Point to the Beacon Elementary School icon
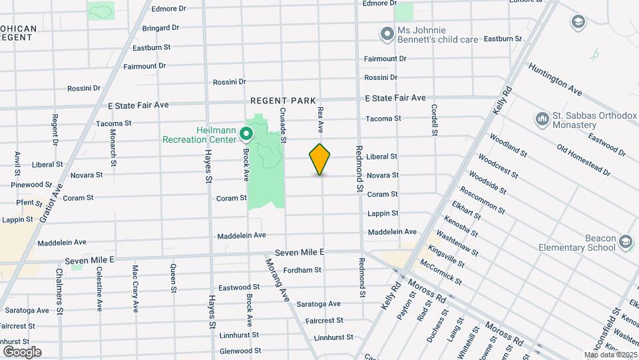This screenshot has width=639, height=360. pos(625,241)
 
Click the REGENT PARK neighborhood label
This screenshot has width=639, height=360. pos(283,101)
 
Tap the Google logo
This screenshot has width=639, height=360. pos(22,351)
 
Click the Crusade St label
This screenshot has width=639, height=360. pos(283,125)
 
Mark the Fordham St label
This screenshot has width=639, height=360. pos(302,270)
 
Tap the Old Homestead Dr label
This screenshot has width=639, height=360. pos(583,160)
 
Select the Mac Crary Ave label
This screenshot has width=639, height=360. pos(135,289)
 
